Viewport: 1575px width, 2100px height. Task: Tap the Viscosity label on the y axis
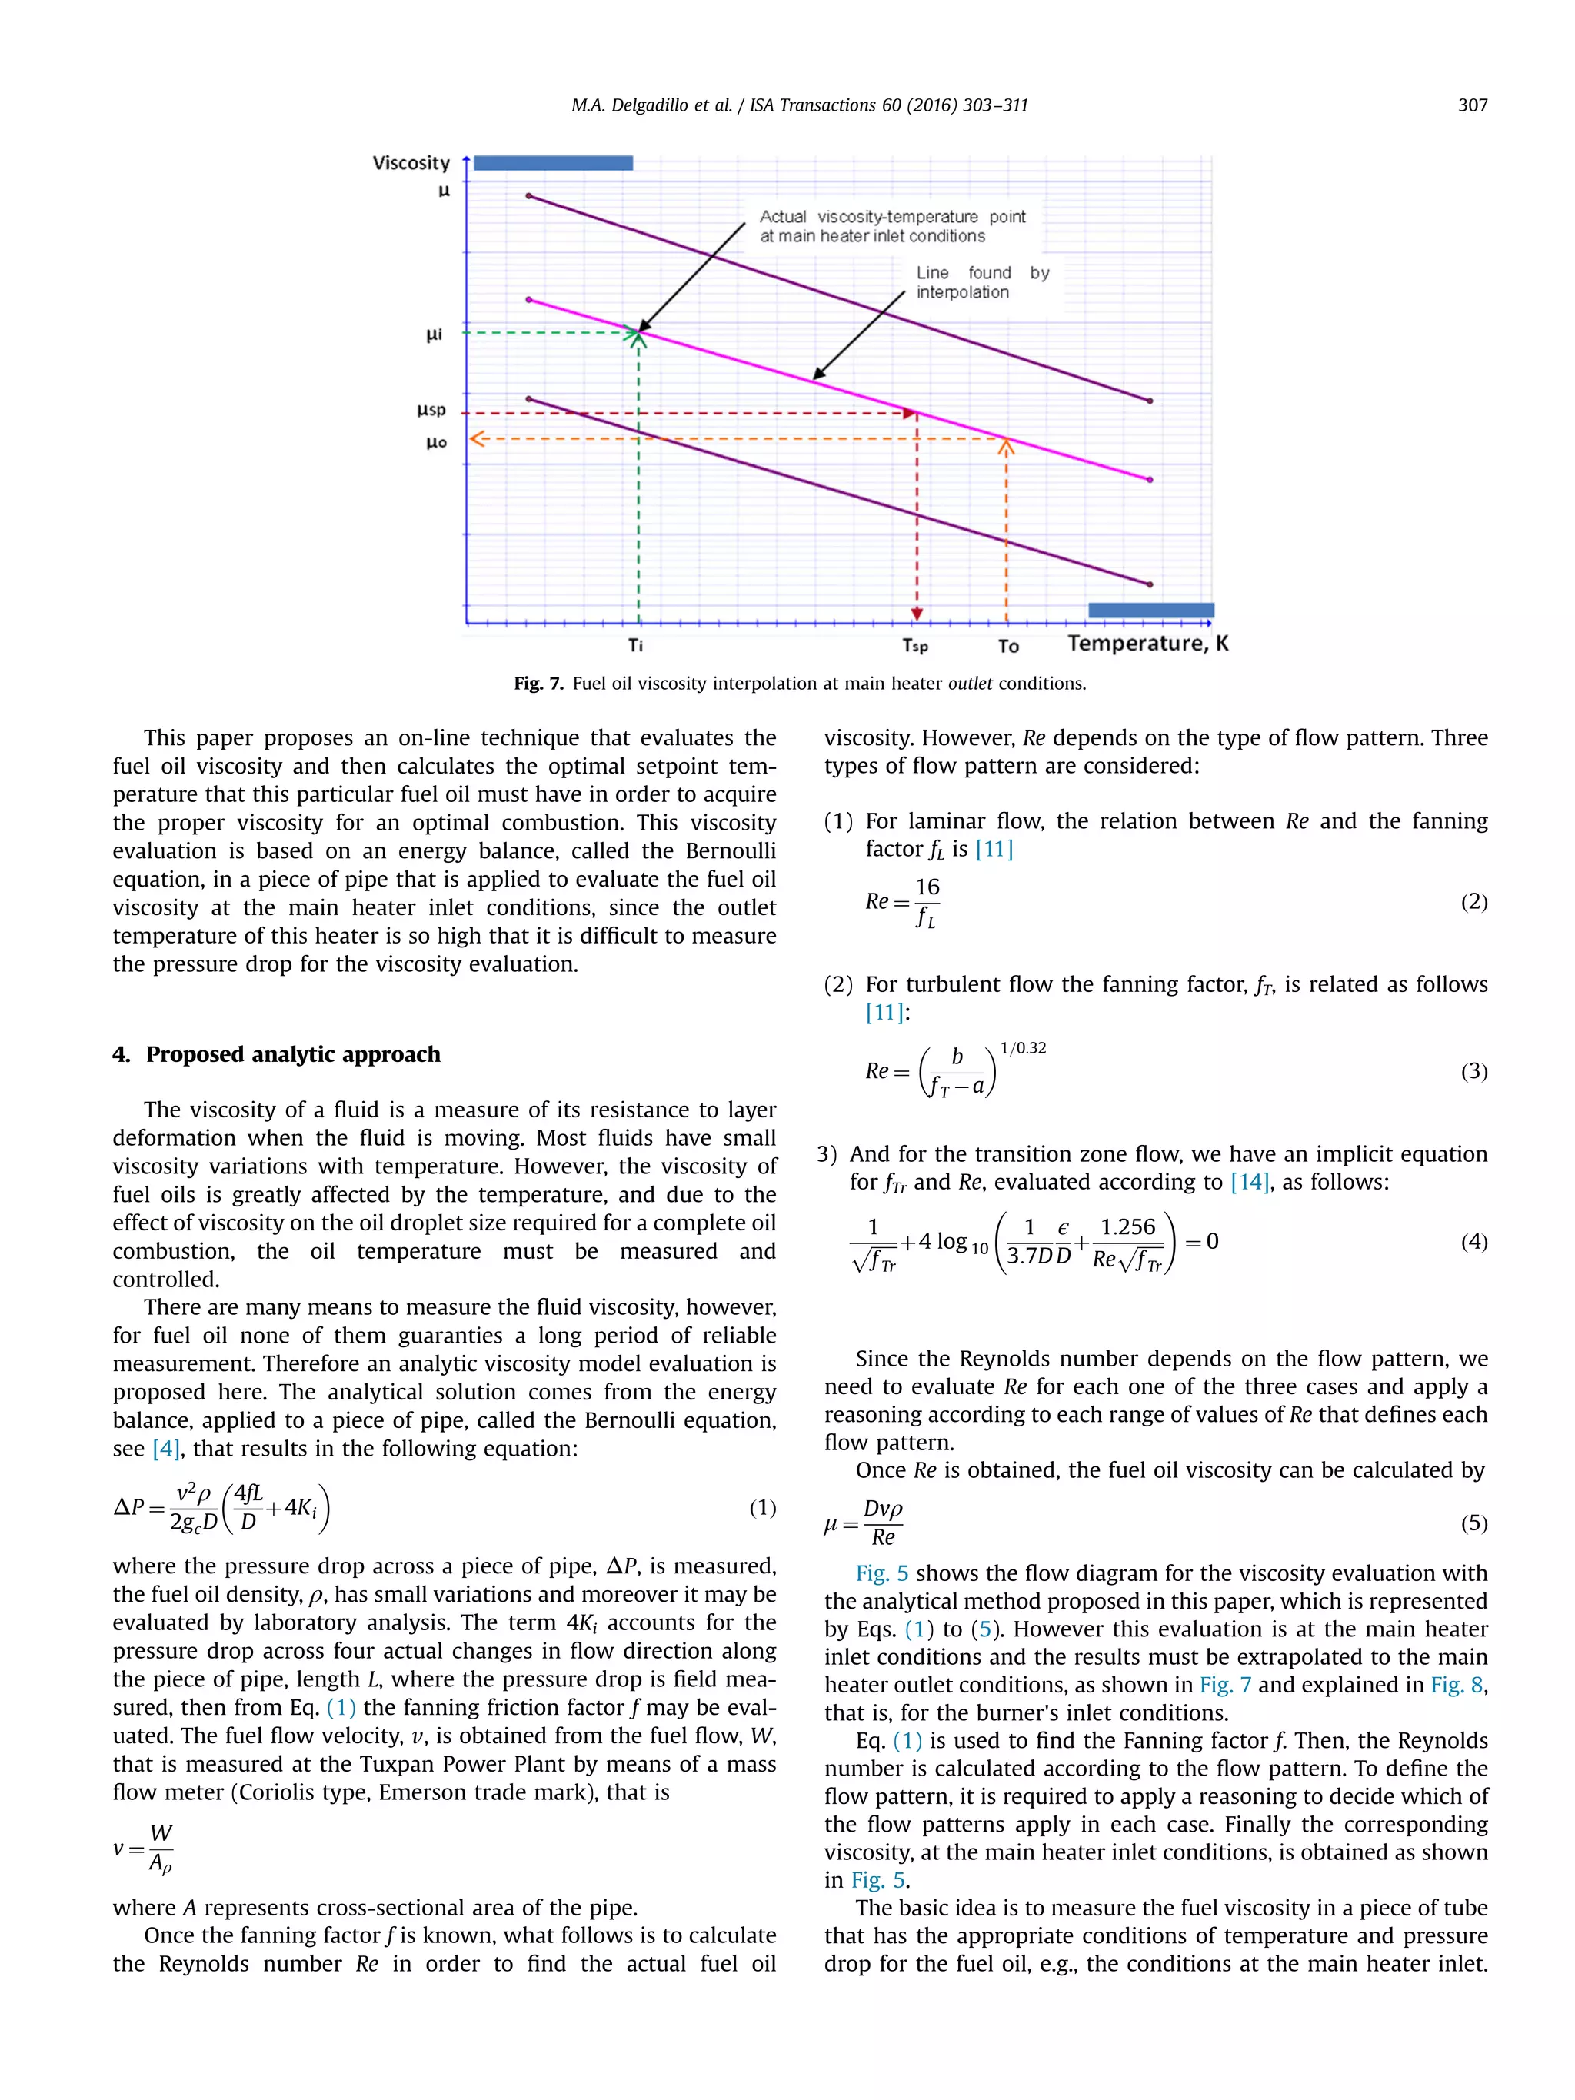[410, 163]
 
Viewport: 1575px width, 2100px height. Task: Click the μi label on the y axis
[433, 334]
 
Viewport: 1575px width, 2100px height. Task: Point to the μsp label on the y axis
[431, 410]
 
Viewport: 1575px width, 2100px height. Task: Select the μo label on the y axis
[436, 442]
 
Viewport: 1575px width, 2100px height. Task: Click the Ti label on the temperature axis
[635, 646]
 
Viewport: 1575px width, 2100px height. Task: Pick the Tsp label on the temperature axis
[914, 647]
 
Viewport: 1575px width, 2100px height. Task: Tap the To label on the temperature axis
[1007, 647]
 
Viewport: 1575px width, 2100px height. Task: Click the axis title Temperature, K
[1147, 643]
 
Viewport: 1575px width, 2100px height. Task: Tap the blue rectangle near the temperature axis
[1150, 611]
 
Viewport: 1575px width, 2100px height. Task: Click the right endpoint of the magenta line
[1150, 479]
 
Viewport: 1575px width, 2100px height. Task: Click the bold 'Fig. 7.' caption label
[538, 684]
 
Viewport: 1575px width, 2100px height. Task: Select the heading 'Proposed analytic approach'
[292, 1055]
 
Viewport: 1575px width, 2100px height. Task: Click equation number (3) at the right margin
[1473, 1071]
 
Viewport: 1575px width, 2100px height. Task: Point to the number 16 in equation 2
[927, 887]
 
